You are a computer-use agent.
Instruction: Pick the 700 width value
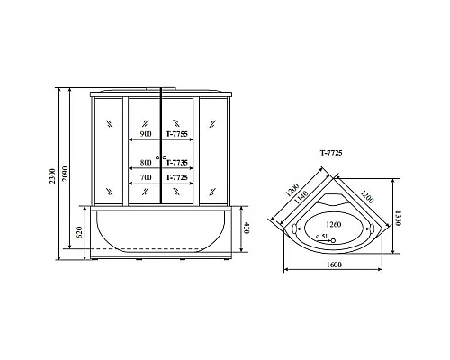point(146,177)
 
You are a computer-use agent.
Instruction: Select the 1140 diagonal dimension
point(303,196)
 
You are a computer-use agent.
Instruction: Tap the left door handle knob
point(157,158)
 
